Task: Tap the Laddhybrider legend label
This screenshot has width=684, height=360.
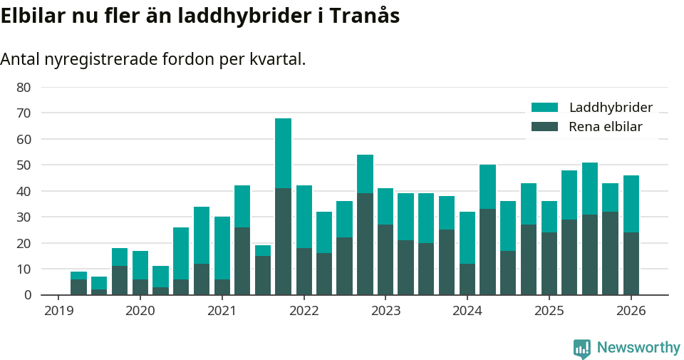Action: click(611, 108)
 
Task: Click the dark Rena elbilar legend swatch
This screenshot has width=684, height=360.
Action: click(544, 127)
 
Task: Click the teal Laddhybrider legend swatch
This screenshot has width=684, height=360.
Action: click(544, 108)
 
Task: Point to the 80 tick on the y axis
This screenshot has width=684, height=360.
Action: click(24, 87)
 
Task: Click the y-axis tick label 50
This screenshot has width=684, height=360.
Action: click(24, 165)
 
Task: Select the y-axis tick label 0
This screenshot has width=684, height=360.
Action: click(27, 295)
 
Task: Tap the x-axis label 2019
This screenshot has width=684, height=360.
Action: click(58, 312)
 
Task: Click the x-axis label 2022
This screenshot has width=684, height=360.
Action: click(304, 312)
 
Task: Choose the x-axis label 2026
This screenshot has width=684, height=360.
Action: click(631, 312)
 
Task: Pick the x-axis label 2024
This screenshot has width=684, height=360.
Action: click(467, 312)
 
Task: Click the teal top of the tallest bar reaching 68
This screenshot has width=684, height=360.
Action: click(283, 153)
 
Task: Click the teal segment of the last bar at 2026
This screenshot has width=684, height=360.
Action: click(631, 203)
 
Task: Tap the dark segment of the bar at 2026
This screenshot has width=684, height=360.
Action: click(631, 263)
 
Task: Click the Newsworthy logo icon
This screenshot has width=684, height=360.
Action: click(582, 348)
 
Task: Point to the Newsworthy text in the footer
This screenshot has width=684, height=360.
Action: click(638, 348)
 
